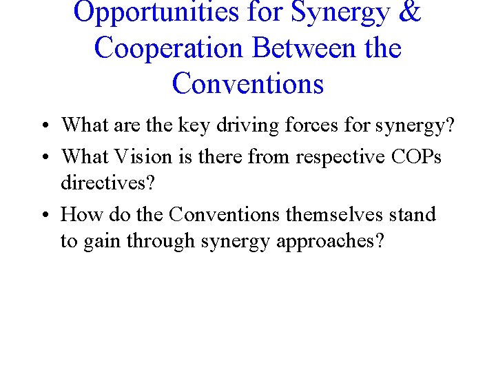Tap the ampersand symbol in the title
(407, 12)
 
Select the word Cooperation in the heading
(169, 48)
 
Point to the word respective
(340, 157)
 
